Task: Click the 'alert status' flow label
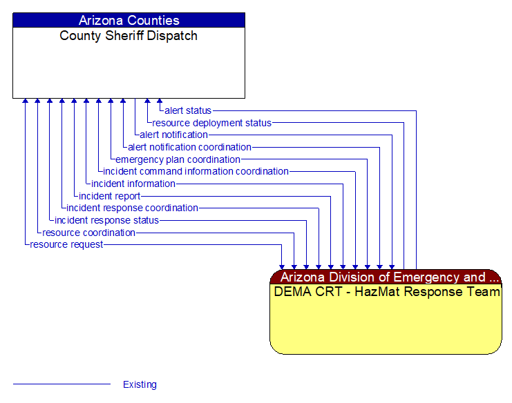(x=188, y=110)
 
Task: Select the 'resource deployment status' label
(x=212, y=123)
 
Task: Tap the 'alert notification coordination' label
(x=189, y=147)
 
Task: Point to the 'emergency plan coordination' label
(x=178, y=159)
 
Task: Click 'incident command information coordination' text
(x=196, y=171)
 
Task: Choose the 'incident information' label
(x=133, y=184)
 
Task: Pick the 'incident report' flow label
(x=110, y=196)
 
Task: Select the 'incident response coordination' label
(x=132, y=208)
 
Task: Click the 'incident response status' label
(x=106, y=220)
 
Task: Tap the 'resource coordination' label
(x=88, y=233)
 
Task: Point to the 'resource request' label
(x=66, y=244)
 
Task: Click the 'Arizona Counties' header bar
(x=129, y=20)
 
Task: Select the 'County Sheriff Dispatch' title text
(x=129, y=36)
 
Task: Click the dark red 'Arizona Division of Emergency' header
(x=386, y=277)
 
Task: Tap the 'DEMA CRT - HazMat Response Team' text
(x=386, y=292)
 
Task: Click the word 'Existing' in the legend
(x=140, y=384)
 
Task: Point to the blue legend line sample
(x=61, y=384)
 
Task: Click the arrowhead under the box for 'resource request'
(x=26, y=101)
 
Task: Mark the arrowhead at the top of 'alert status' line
(x=160, y=101)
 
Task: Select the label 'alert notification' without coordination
(x=173, y=135)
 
